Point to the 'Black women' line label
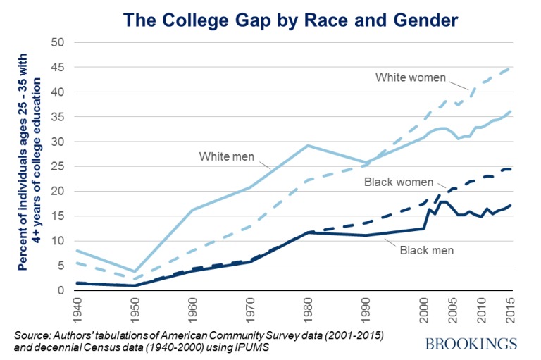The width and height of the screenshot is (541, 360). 399,182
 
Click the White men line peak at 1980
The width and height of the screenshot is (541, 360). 308,145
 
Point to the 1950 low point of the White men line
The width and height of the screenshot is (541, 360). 134,271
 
